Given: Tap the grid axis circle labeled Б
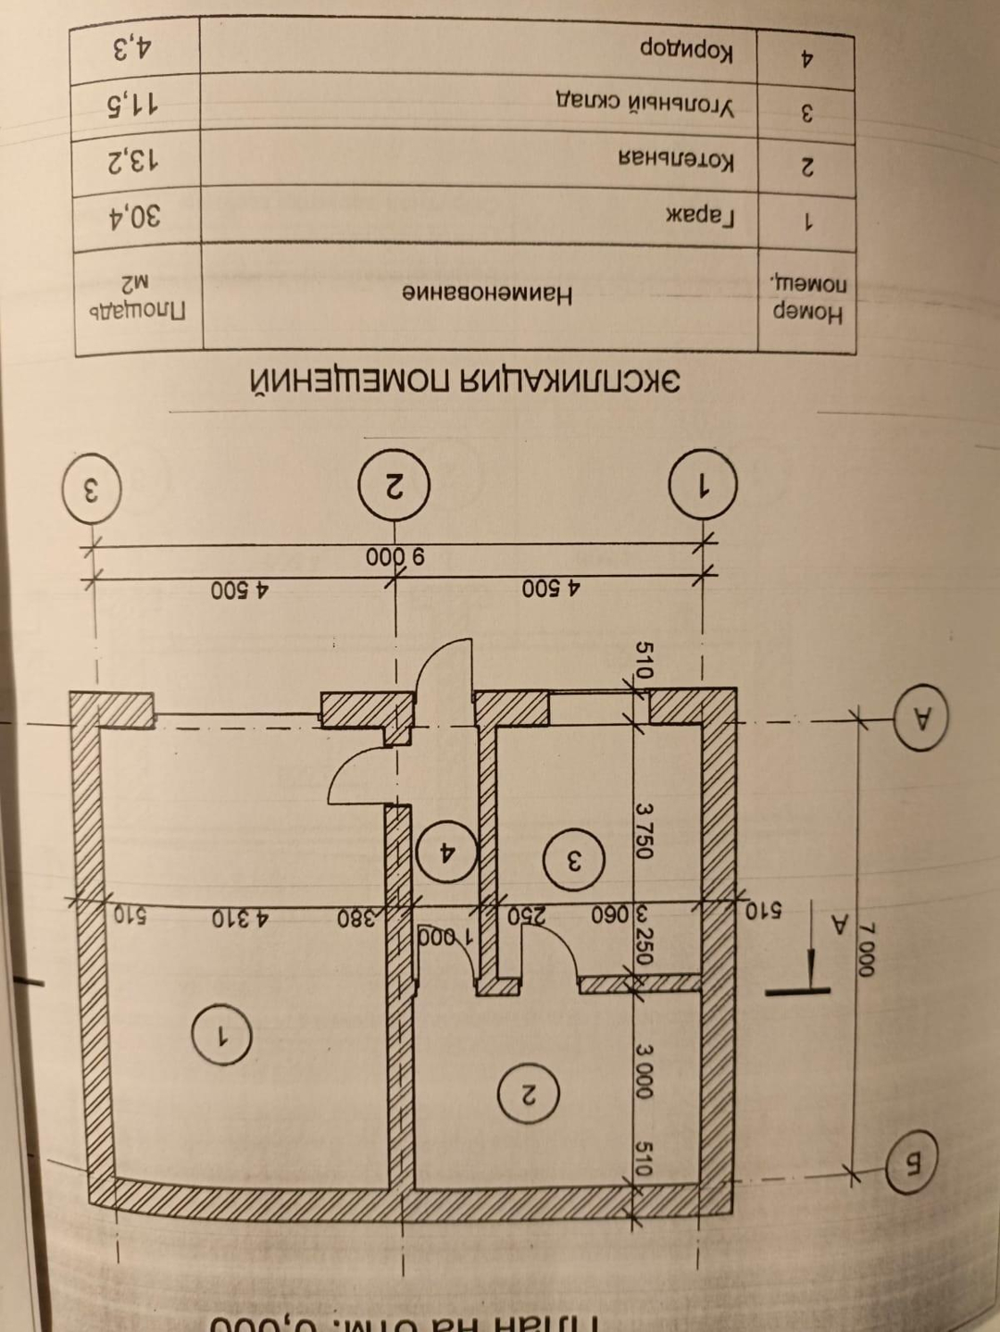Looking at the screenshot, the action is (x=911, y=1170).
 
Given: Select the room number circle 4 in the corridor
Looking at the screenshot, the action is (x=446, y=851).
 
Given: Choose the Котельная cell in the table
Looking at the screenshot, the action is (x=676, y=160).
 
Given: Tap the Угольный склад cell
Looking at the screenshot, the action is (x=644, y=104).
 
